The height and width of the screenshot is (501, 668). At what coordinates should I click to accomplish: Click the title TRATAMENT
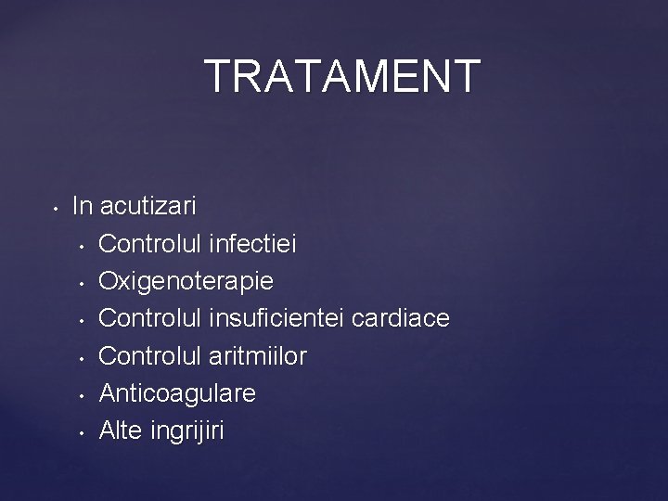(342, 76)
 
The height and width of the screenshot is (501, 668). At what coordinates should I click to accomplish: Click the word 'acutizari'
(148, 205)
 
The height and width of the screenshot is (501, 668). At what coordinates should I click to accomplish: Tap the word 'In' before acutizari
(82, 205)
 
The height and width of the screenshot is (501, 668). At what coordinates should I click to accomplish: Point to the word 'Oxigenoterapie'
(186, 281)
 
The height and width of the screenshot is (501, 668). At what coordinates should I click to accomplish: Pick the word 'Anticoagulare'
(177, 393)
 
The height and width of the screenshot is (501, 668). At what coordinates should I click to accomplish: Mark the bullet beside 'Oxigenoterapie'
(83, 283)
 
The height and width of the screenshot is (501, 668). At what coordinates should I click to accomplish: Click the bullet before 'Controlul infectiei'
(83, 246)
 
